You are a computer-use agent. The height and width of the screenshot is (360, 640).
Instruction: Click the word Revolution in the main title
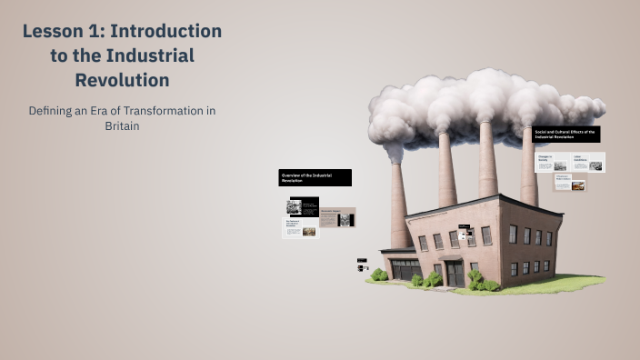pos(122,80)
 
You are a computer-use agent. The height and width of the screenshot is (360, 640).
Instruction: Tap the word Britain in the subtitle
pos(122,126)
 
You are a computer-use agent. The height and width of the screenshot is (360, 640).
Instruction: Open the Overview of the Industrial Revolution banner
pos(315,177)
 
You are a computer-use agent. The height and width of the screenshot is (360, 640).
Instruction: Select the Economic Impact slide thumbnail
pos(337,218)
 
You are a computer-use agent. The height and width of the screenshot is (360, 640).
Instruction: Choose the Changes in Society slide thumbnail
pos(552,163)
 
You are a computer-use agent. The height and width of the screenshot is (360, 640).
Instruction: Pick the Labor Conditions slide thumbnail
pos(587,163)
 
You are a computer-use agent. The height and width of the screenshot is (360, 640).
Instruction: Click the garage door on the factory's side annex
pos(405,269)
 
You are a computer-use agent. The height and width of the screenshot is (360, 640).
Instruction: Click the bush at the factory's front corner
pos(476,278)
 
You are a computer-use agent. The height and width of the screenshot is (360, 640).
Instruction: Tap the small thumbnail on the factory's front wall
pos(463,235)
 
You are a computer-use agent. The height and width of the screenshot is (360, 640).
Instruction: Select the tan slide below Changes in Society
pos(570,183)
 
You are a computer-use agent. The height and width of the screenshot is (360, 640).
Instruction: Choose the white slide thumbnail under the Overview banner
pos(300,228)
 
